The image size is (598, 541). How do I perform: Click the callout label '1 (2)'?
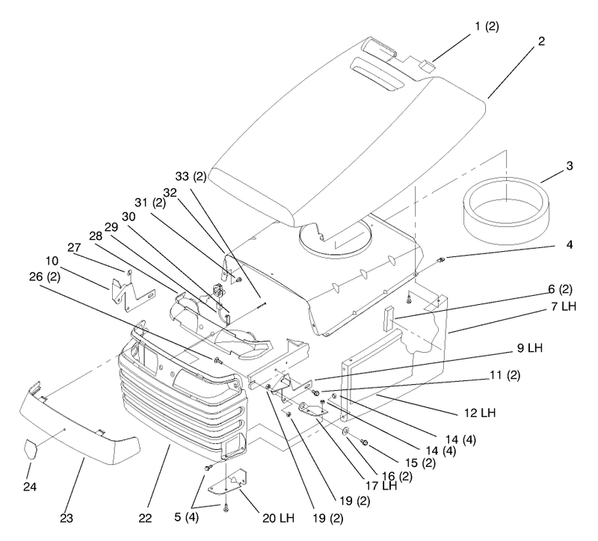(x=487, y=26)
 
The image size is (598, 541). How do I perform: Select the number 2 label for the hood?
(x=541, y=41)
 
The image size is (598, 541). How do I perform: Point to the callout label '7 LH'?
(x=564, y=306)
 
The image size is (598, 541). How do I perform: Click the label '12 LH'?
(x=480, y=412)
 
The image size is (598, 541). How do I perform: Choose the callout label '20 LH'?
(x=278, y=518)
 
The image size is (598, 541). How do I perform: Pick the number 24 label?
(x=30, y=487)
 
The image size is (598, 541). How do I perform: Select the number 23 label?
(x=67, y=518)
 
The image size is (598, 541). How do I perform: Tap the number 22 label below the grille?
(x=145, y=518)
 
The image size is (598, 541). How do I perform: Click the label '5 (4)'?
(x=186, y=518)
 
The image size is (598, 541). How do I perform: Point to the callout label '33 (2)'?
(x=191, y=176)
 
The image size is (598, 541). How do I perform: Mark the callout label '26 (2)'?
(x=45, y=276)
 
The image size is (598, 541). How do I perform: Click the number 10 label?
(x=52, y=261)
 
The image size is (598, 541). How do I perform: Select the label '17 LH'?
(x=381, y=486)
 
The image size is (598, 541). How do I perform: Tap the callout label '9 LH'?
(x=530, y=347)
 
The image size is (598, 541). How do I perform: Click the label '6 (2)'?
(x=560, y=289)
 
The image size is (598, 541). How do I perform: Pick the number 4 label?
(x=570, y=244)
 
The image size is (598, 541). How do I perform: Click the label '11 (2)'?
(x=505, y=375)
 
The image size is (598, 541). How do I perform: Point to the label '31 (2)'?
(x=150, y=203)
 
